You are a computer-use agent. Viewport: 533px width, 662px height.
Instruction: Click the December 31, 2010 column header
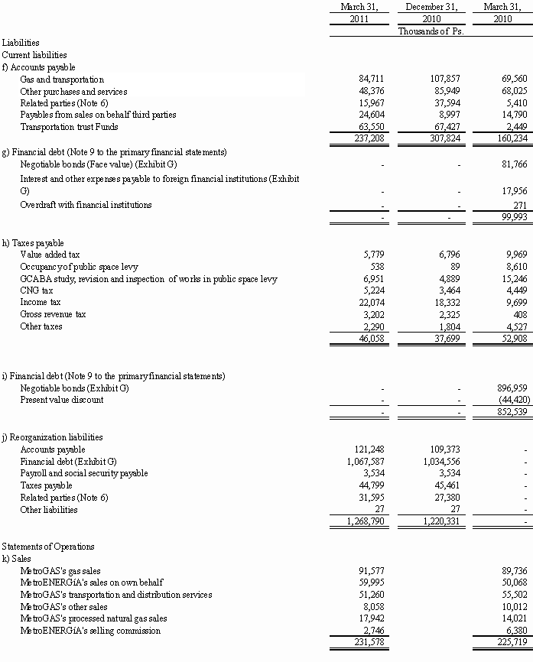(431, 13)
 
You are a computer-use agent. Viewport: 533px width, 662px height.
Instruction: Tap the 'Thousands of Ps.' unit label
(431, 31)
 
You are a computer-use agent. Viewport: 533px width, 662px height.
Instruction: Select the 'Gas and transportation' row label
(62, 80)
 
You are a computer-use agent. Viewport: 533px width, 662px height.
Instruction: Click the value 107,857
(442, 80)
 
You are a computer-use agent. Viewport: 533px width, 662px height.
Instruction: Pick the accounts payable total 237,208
(363, 138)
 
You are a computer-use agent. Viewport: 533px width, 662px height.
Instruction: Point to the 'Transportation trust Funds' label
(69, 126)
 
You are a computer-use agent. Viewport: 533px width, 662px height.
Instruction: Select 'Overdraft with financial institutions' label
(86, 205)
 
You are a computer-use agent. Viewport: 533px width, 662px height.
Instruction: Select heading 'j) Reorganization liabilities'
(52, 437)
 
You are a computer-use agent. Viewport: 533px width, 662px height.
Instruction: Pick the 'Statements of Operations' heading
(48, 547)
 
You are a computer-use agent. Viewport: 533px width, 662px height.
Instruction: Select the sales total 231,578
(363, 643)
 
